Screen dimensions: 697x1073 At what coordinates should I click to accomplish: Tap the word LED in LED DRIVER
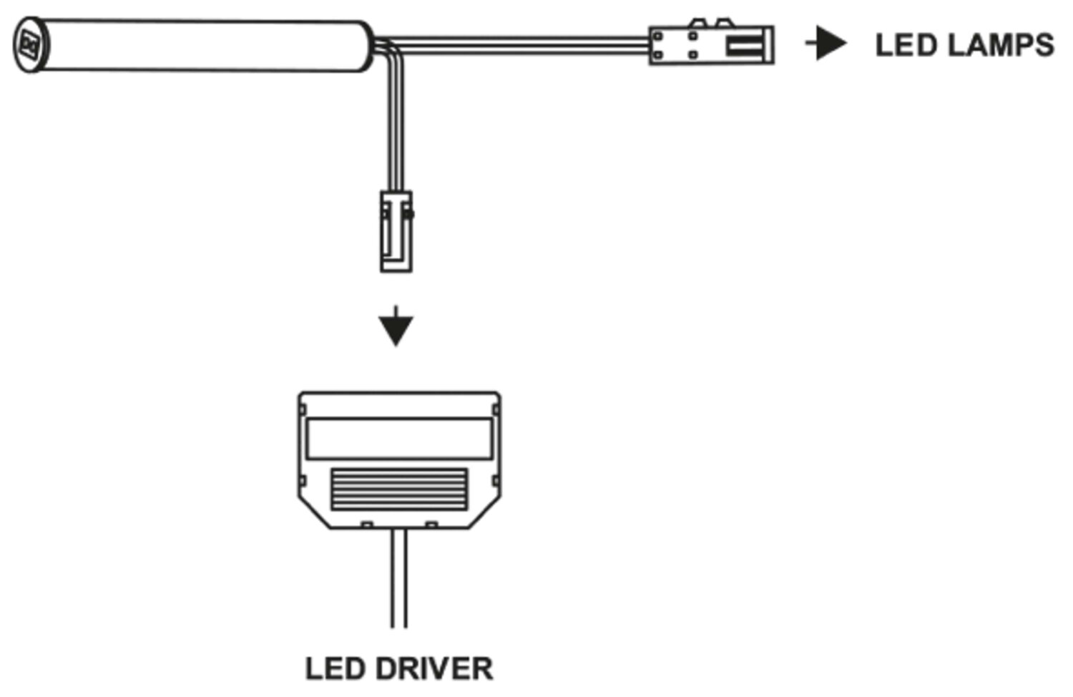pyautogui.click(x=335, y=669)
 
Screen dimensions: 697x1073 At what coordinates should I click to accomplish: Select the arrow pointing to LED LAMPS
pyautogui.click(x=828, y=44)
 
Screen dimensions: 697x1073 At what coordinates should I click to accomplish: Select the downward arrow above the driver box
pyautogui.click(x=396, y=328)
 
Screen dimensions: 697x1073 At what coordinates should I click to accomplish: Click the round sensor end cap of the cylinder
pyautogui.click(x=30, y=45)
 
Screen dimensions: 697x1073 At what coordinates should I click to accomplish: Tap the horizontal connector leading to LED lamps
pyautogui.click(x=711, y=45)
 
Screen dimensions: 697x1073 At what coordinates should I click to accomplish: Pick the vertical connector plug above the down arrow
pyautogui.click(x=396, y=231)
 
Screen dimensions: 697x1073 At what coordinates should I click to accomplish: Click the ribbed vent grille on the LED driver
pyautogui.click(x=399, y=489)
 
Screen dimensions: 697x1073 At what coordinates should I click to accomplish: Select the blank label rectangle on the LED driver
pyautogui.click(x=399, y=438)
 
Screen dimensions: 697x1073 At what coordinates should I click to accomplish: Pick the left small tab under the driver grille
pyautogui.click(x=367, y=525)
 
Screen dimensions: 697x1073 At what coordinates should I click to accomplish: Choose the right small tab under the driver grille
pyautogui.click(x=431, y=525)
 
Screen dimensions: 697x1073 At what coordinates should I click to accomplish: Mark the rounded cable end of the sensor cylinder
pyautogui.click(x=366, y=47)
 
